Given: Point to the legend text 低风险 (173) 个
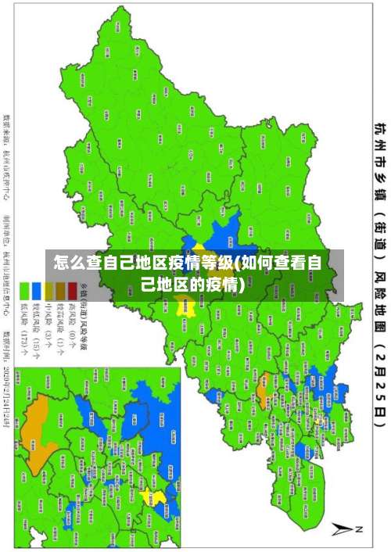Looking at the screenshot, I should pyautogui.click(x=24, y=332).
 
